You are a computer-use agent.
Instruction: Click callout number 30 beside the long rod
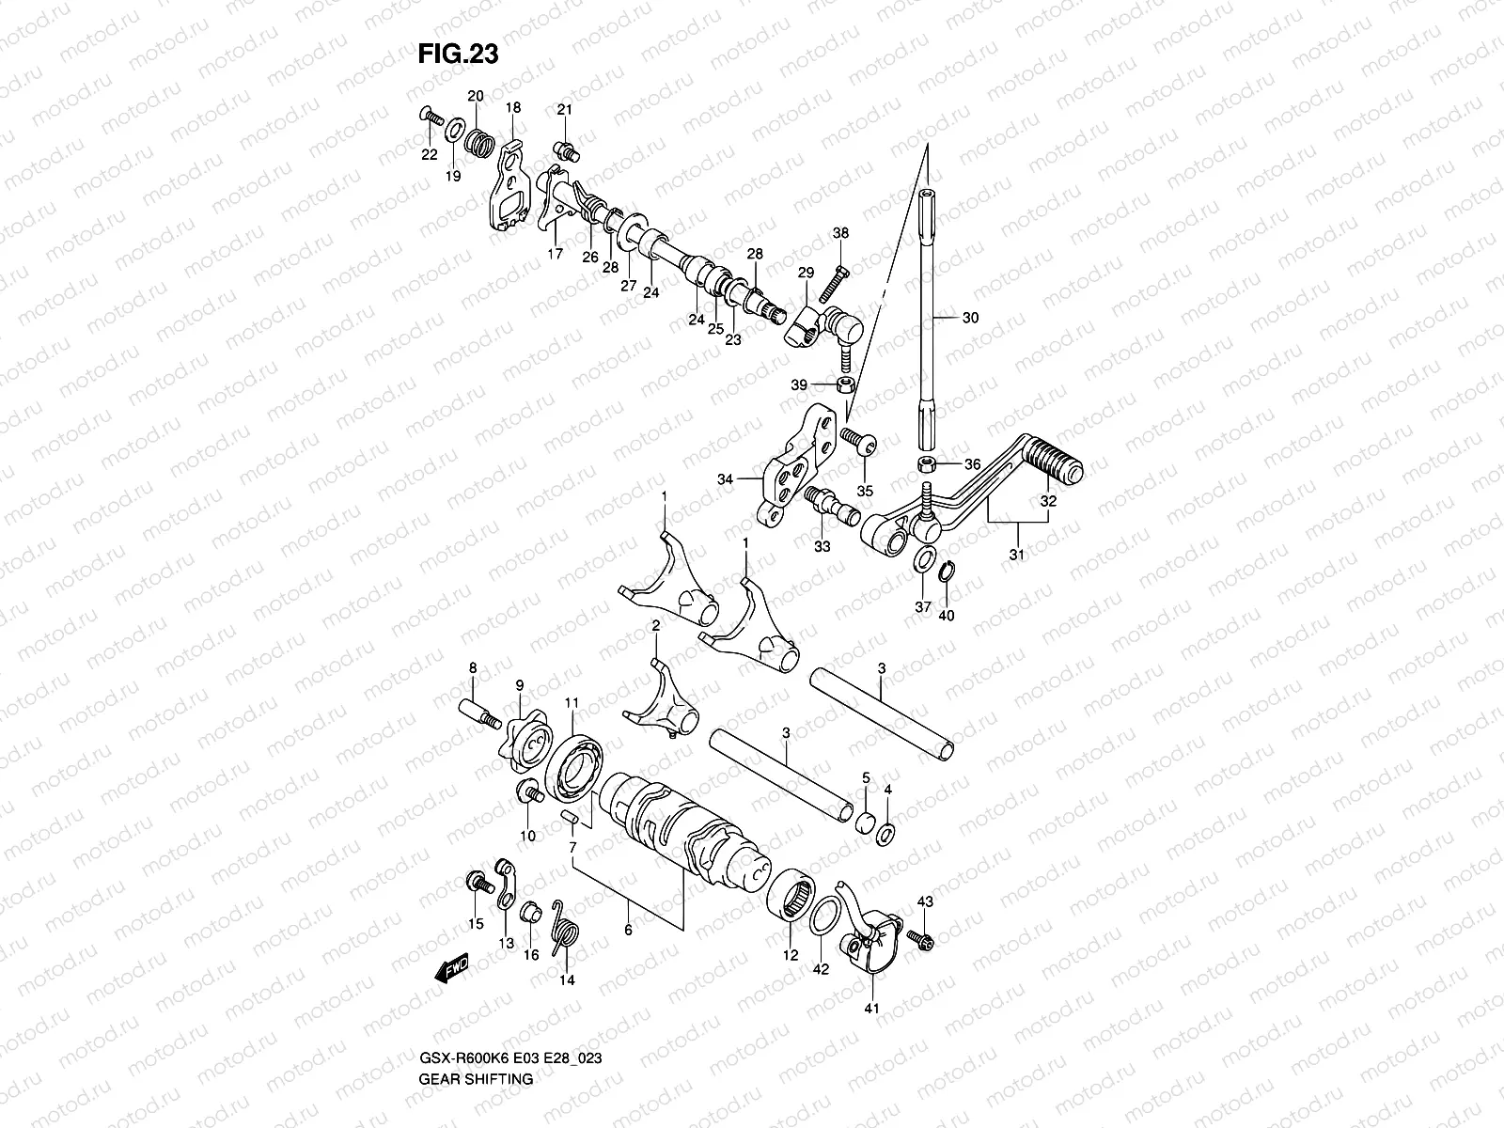pyautogui.click(x=970, y=318)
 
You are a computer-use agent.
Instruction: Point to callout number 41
pyautogui.click(x=870, y=1008)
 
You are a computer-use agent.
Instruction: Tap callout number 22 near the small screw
pyautogui.click(x=429, y=154)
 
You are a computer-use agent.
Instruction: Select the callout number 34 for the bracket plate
pyautogui.click(x=725, y=479)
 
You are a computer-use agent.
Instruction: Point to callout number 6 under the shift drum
pyautogui.click(x=628, y=931)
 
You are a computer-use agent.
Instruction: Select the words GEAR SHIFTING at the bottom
pyautogui.click(x=476, y=1026)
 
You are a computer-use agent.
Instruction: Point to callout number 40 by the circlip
pyautogui.click(x=946, y=616)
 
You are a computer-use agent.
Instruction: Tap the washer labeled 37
pyautogui.click(x=924, y=561)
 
